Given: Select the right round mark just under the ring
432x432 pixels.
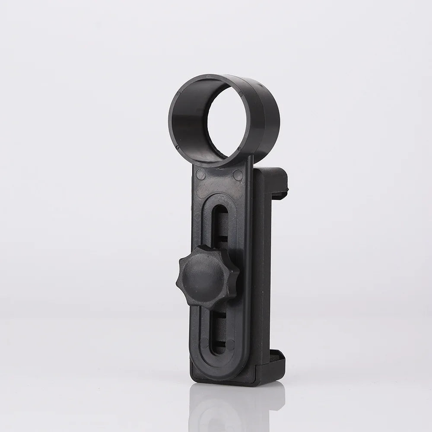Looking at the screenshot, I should [237, 175].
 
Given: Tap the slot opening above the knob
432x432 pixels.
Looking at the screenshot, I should [221, 225].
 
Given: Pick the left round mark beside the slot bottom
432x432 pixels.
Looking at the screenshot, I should [200, 346].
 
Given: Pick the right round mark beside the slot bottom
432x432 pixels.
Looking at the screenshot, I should [232, 346].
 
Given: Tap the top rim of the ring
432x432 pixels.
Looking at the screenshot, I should [220, 78].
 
